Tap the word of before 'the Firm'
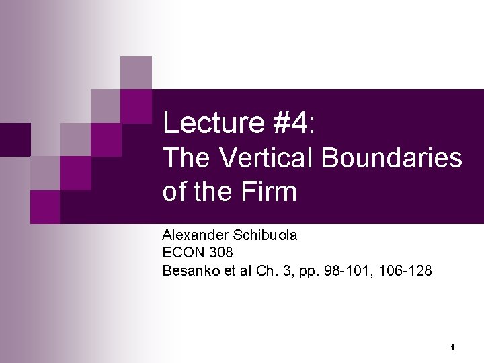[x=173, y=192]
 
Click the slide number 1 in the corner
[x=453, y=348]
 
